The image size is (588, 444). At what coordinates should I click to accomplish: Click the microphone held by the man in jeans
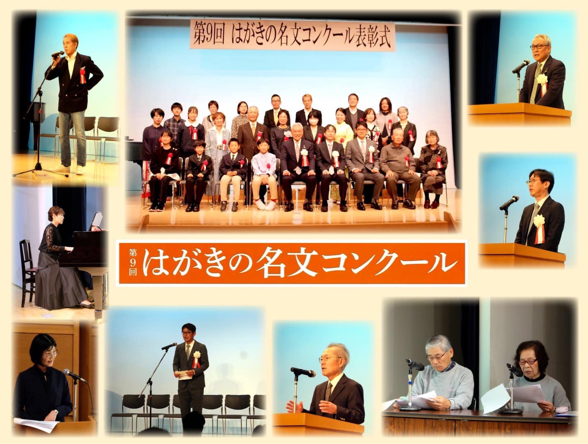point(58,53)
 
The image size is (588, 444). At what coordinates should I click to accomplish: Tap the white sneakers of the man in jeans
point(70,169)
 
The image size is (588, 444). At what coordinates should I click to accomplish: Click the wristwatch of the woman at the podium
point(56,411)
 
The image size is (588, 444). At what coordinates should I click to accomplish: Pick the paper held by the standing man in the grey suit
point(185,375)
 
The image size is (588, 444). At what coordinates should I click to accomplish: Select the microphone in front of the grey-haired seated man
point(414,364)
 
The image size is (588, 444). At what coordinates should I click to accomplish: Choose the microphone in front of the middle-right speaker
point(509,203)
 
